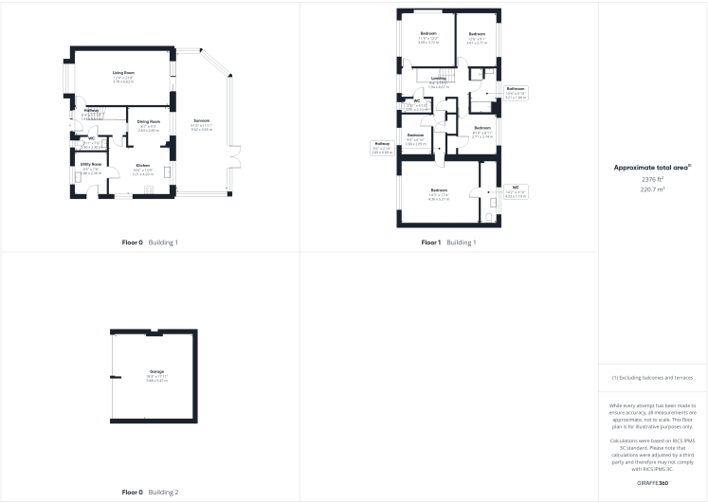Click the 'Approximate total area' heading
652,168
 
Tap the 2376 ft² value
652,178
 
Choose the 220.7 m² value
652,189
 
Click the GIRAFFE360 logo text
652,484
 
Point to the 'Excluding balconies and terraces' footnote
652,377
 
